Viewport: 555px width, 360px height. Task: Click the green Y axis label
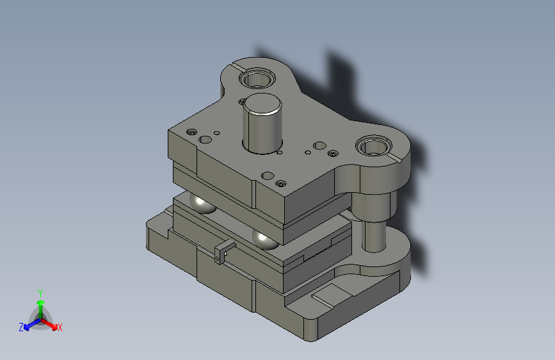(x=40, y=293)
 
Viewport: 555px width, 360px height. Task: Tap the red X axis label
(x=60, y=328)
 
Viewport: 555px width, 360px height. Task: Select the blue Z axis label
(x=21, y=327)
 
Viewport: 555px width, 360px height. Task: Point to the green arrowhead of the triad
(x=41, y=303)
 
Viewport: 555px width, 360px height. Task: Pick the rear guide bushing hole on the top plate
(x=257, y=78)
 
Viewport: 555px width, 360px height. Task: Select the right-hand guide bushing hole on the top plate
(x=374, y=145)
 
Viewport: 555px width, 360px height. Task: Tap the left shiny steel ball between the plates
(x=202, y=204)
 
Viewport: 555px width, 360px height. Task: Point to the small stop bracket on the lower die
(x=223, y=251)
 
